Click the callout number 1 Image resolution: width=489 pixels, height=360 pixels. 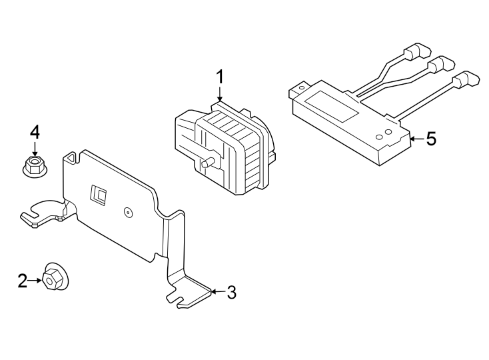pyautogui.click(x=219, y=77)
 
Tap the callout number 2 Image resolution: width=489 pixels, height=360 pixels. pyautogui.click(x=23, y=281)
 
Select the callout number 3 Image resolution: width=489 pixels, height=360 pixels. pyautogui.click(x=231, y=292)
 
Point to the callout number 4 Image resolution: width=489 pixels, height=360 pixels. pyautogui.click(x=34, y=131)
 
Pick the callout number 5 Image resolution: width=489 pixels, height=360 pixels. pyautogui.click(x=430, y=139)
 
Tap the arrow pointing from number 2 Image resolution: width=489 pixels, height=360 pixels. pyautogui.click(x=35, y=281)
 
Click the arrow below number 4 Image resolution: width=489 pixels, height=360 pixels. pyautogui.click(x=34, y=149)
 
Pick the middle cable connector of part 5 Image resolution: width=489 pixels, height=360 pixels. pyautogui.click(x=438, y=65)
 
